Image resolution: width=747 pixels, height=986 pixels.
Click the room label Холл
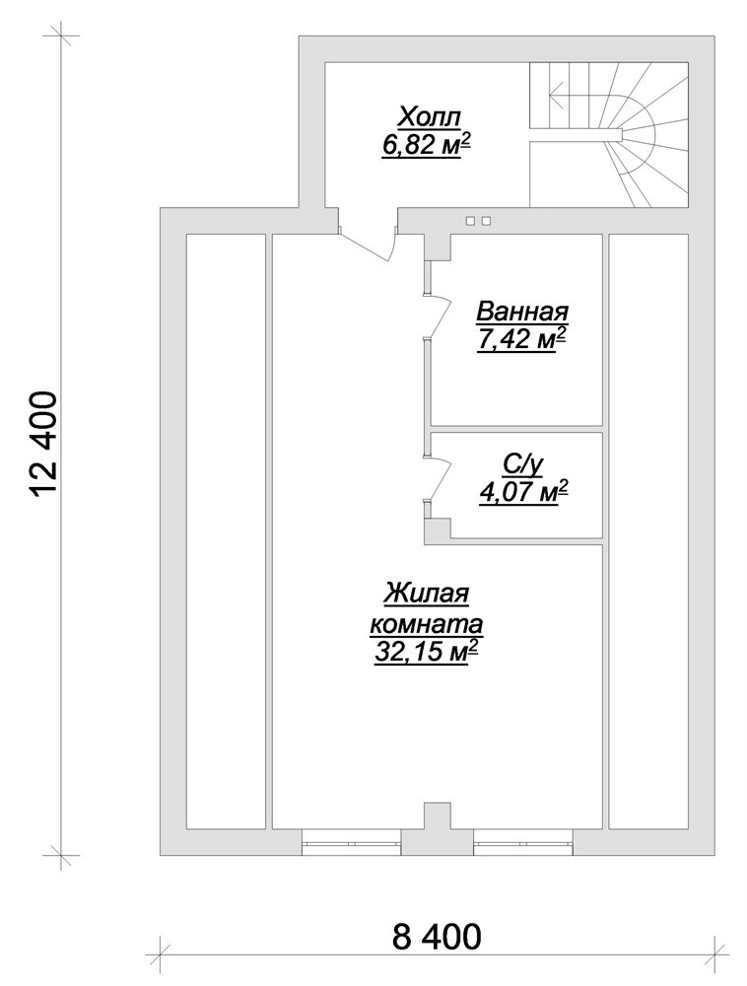(431, 117)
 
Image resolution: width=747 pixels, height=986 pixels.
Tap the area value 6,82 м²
(427, 146)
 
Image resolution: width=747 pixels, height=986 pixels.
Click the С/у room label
(522, 464)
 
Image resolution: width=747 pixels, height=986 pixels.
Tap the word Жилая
(428, 595)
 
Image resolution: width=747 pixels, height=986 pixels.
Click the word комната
(427, 626)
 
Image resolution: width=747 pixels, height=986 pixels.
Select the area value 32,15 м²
(424, 652)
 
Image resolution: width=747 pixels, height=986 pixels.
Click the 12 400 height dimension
(44, 445)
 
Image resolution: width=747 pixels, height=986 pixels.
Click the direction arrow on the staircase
(588, 96)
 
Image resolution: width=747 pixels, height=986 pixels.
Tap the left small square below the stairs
(470, 221)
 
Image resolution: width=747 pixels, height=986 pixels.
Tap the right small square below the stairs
(486, 221)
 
